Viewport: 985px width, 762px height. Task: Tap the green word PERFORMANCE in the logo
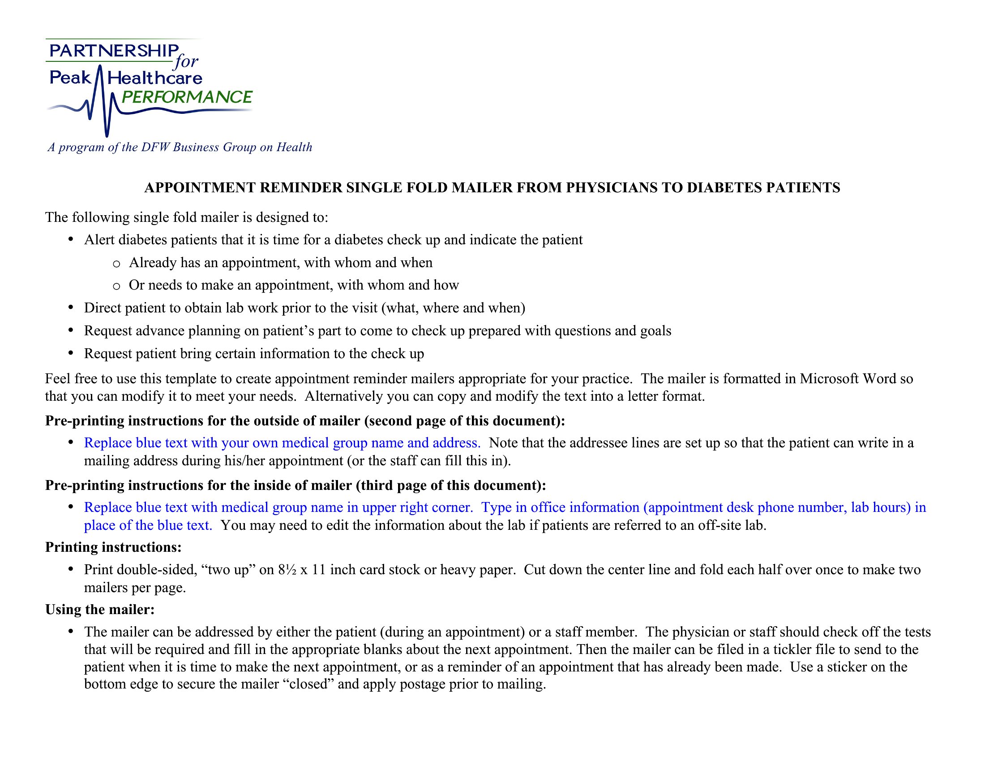tap(187, 97)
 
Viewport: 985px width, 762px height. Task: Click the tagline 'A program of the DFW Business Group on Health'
tap(180, 147)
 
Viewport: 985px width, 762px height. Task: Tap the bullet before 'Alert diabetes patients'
tap(71, 239)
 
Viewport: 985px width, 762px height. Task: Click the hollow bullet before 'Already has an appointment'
tap(116, 263)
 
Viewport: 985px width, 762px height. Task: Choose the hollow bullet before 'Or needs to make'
tap(116, 286)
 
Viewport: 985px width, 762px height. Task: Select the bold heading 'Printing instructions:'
tap(113, 547)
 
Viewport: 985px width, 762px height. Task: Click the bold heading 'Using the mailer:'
tap(100, 610)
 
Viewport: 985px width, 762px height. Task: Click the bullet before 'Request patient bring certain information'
tap(71, 353)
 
